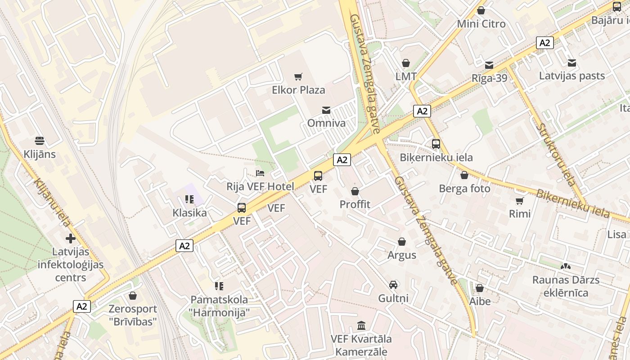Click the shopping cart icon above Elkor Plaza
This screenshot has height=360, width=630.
298,77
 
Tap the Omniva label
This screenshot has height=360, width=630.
326,123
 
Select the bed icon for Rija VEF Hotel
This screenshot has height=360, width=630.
260,173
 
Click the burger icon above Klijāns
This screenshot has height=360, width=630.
40,141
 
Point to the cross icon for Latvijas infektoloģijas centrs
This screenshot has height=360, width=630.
71,238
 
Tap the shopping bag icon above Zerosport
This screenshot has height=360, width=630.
132,296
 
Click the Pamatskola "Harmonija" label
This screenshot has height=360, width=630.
219,306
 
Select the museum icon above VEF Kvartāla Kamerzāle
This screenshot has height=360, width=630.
361,325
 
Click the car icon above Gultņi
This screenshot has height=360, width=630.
393,285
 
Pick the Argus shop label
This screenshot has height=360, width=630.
402,255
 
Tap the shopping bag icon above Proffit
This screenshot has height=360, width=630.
355,192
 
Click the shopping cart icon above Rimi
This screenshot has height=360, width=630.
520,201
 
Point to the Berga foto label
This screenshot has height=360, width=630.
464,189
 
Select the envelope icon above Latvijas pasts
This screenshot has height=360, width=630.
572,63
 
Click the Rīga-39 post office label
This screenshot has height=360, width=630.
489,78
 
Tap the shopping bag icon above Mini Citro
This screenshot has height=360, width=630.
481,10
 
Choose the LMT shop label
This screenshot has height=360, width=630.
406,76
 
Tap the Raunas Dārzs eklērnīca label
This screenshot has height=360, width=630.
566,286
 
